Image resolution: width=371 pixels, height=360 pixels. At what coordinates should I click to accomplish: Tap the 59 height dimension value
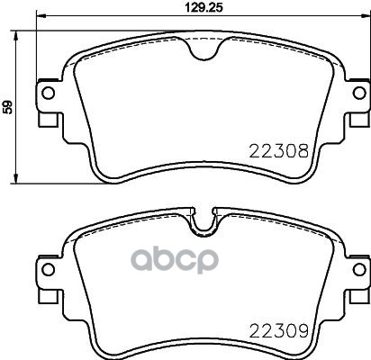[x=7, y=107]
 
